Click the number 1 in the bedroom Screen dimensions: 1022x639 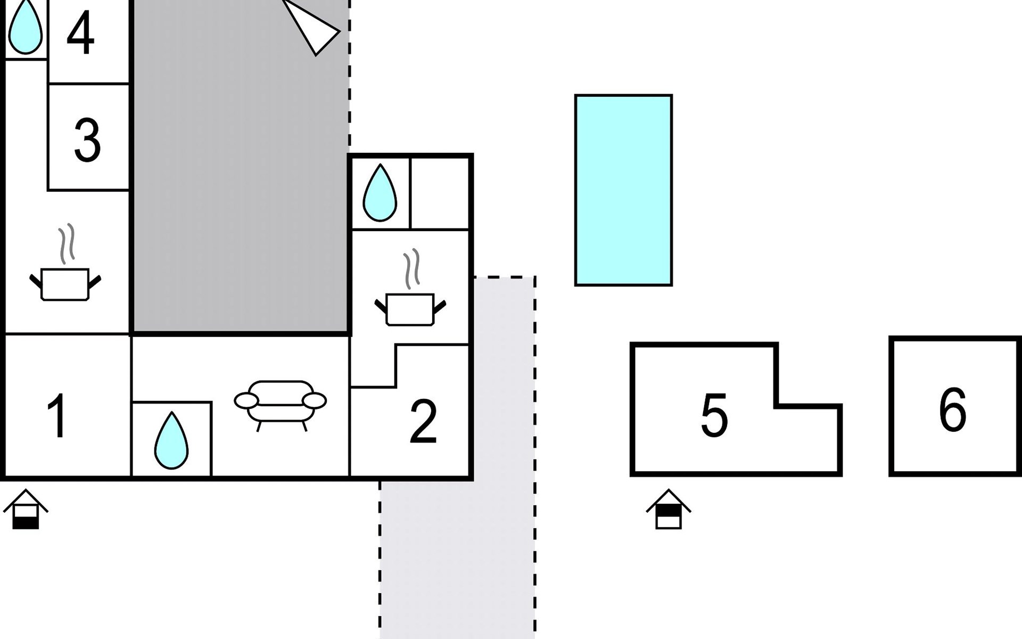[57, 416]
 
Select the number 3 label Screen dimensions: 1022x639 [87, 141]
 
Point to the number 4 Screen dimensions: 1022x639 [80, 33]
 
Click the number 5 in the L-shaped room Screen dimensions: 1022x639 [714, 416]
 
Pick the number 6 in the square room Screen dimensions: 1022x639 [953, 409]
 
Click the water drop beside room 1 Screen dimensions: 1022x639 [171, 440]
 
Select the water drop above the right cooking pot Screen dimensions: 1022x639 [380, 192]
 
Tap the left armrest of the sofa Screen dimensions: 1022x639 [246, 400]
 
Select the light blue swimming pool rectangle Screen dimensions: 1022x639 [623, 190]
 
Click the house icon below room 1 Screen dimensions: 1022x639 [26, 509]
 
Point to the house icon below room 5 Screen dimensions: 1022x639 [669, 509]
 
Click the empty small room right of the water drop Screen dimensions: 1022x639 [440, 193]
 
